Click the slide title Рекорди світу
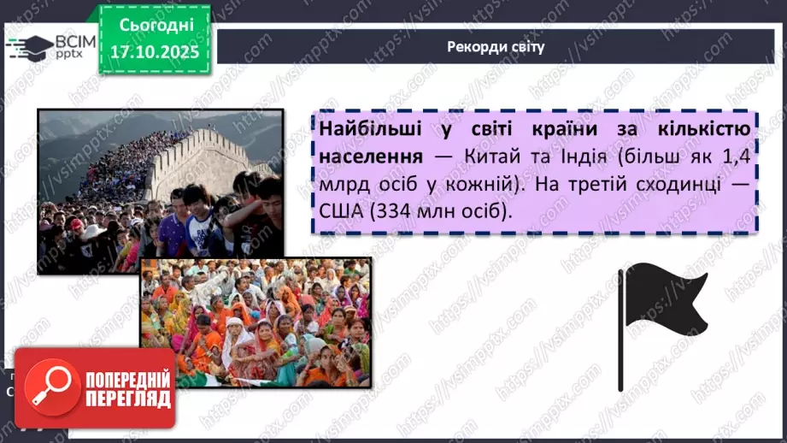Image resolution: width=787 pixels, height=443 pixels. click(x=496, y=46)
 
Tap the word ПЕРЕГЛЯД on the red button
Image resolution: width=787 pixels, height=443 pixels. click(x=127, y=399)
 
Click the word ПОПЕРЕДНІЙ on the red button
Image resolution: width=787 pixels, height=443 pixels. click(x=127, y=378)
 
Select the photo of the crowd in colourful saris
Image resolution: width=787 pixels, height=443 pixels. click(x=255, y=322)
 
